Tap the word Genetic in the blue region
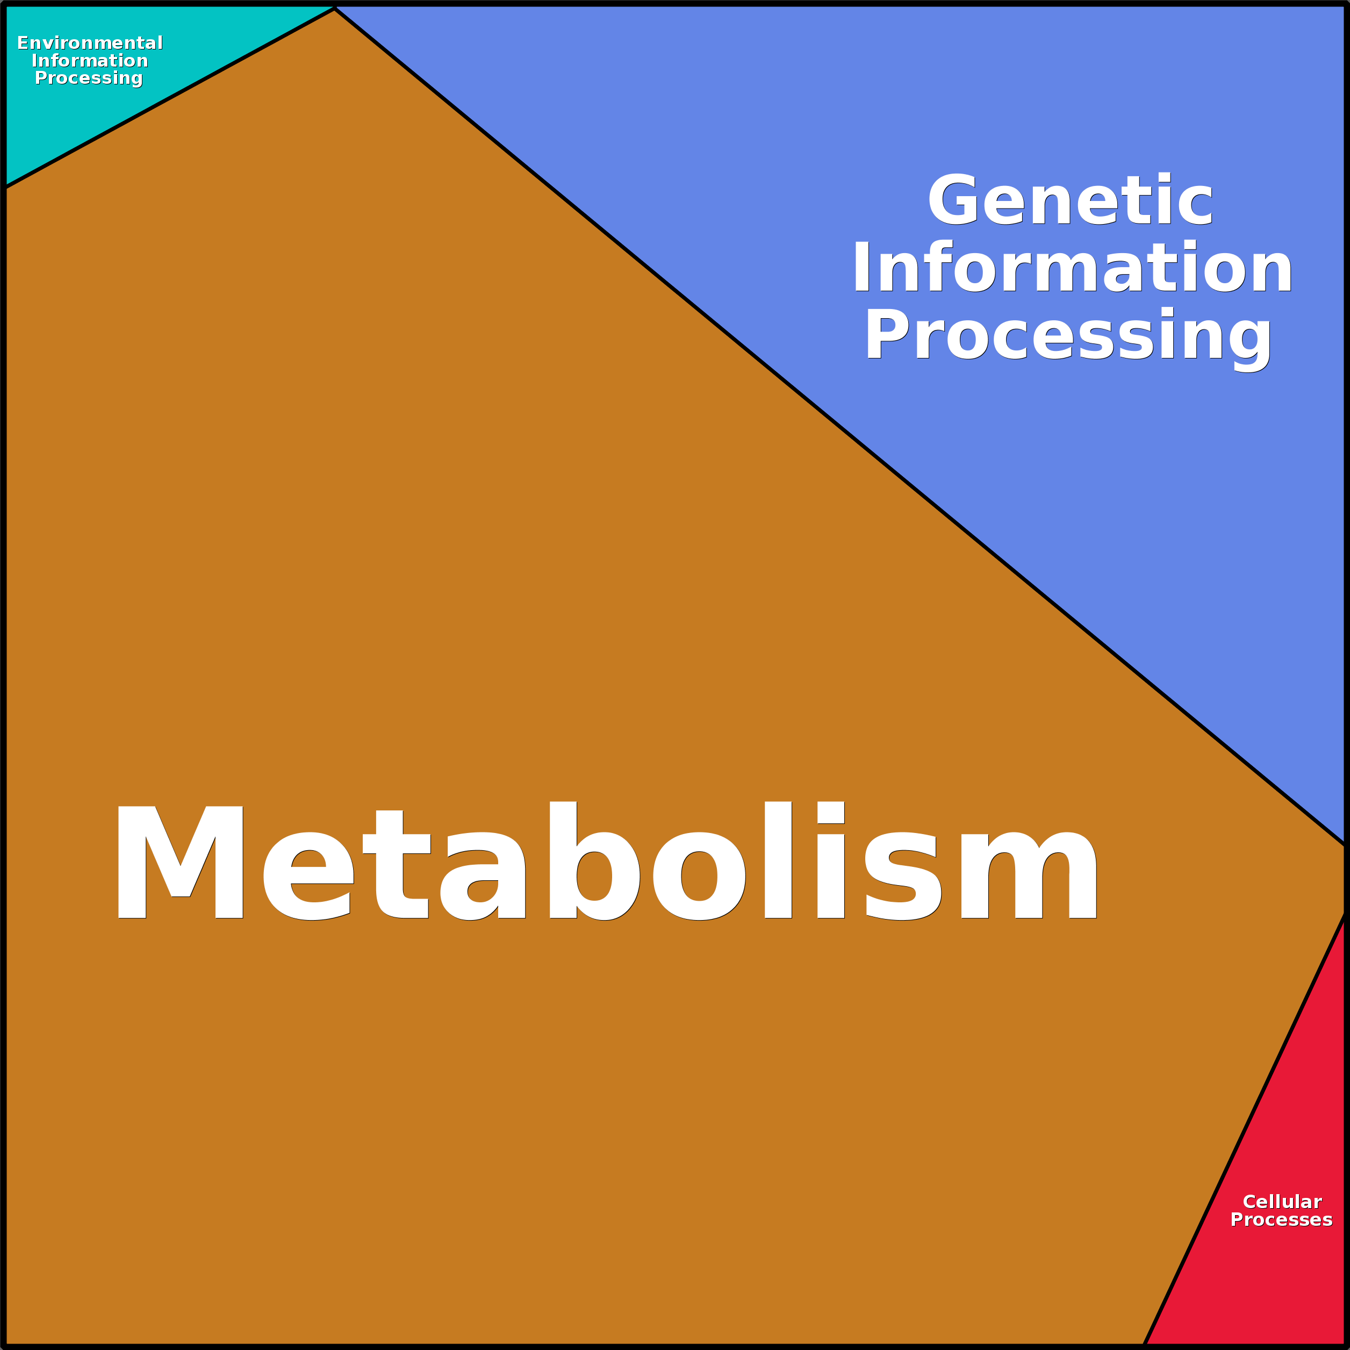coord(1070,200)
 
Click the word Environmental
coord(89,44)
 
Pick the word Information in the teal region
coord(89,61)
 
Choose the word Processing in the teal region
coord(89,78)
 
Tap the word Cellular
coord(1282,1202)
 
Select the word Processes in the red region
coord(1282,1220)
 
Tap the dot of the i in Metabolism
coord(831,813)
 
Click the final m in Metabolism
coord(1029,875)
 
